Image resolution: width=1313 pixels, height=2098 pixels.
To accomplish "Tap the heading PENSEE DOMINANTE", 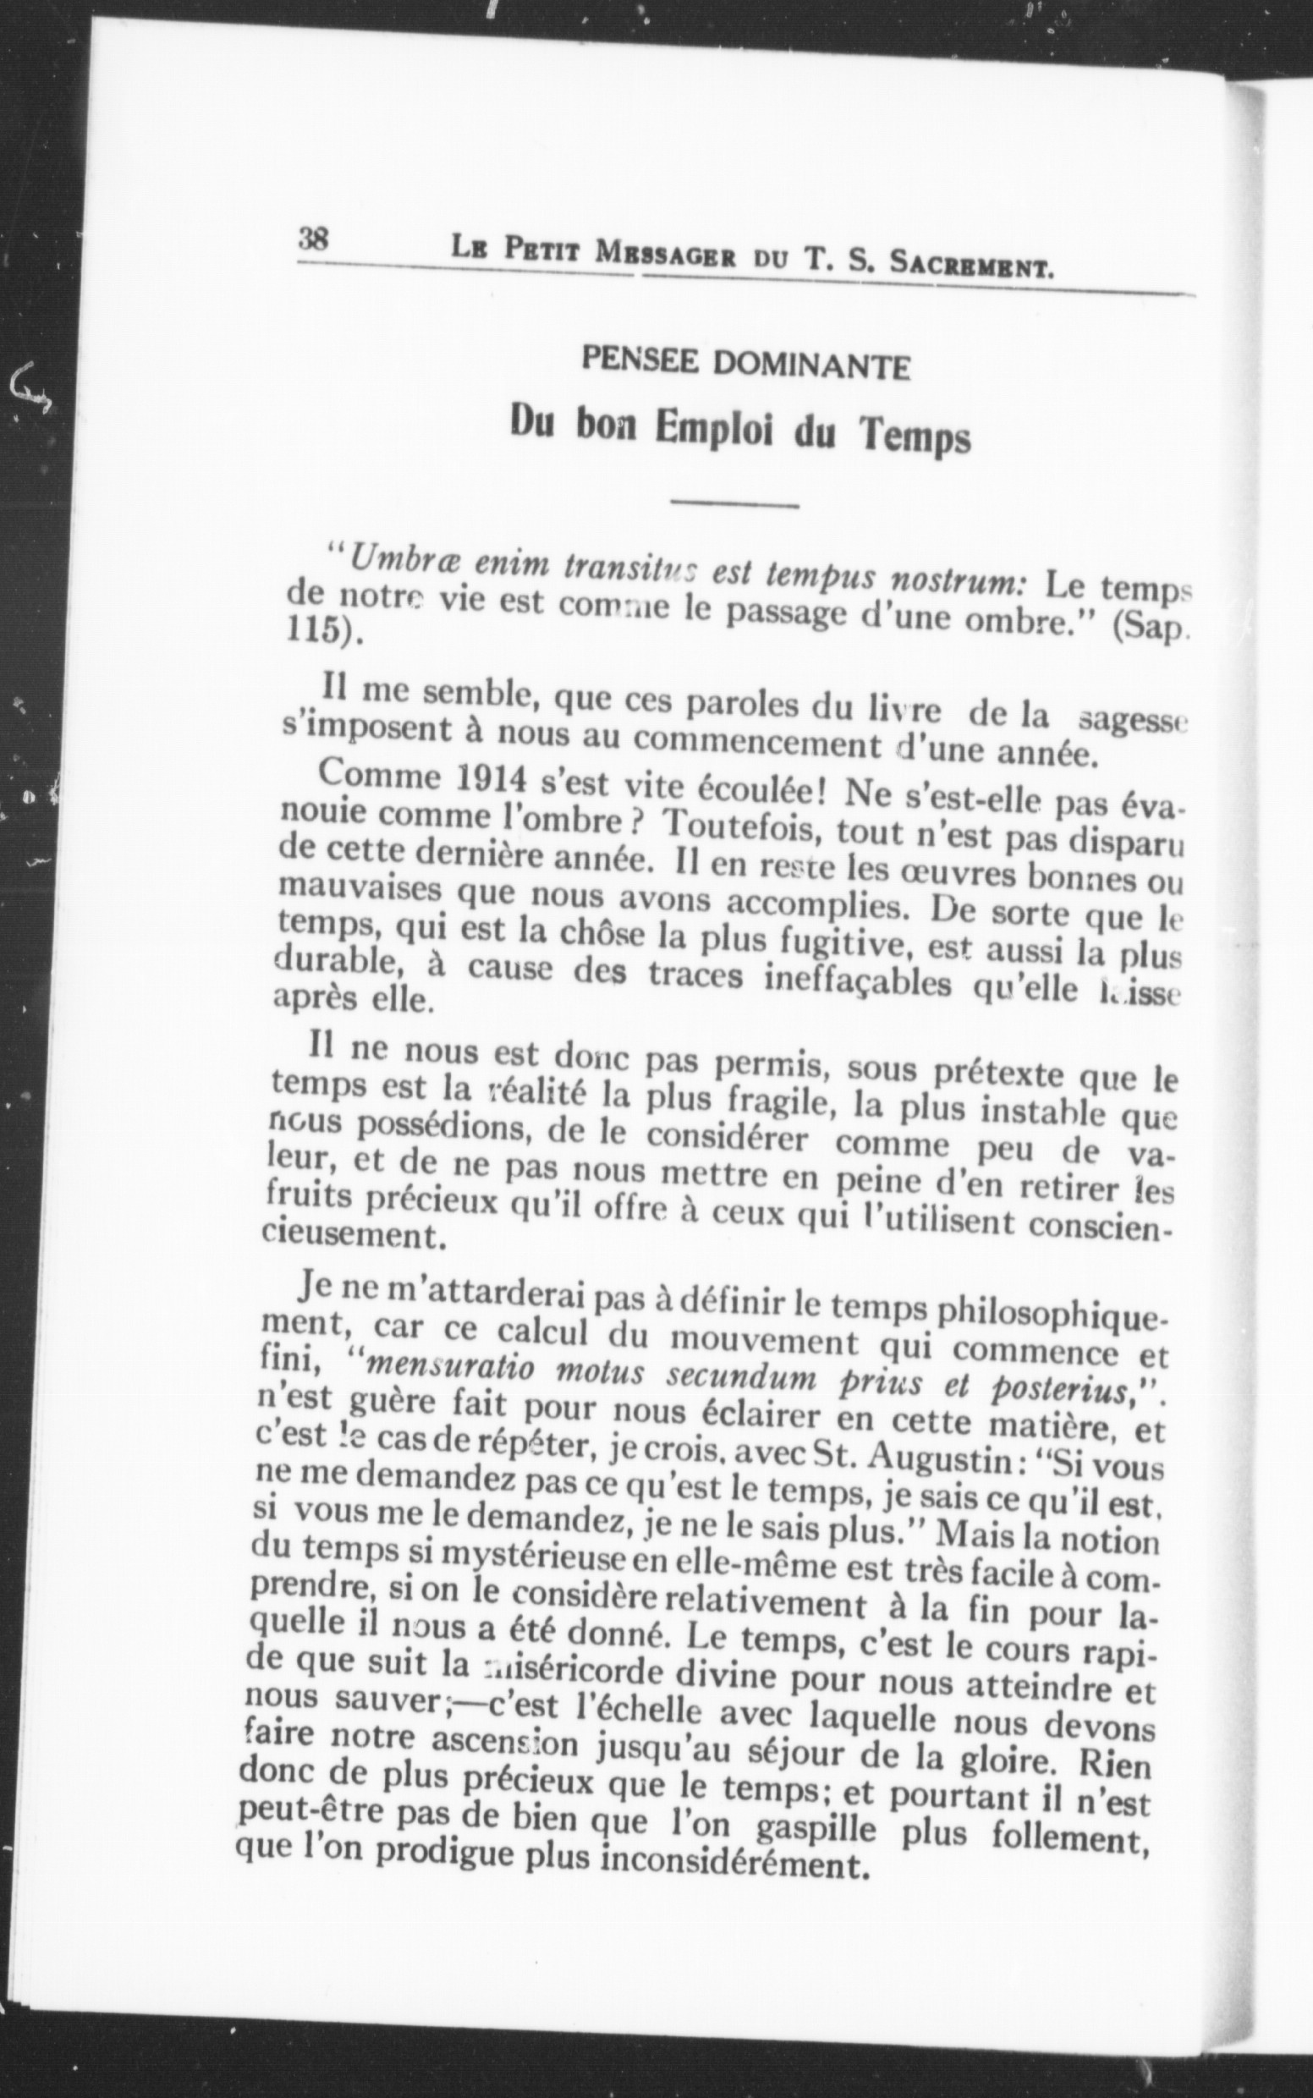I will pos(746,365).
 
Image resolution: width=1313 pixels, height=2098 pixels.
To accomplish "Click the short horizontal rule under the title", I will pos(734,504).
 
